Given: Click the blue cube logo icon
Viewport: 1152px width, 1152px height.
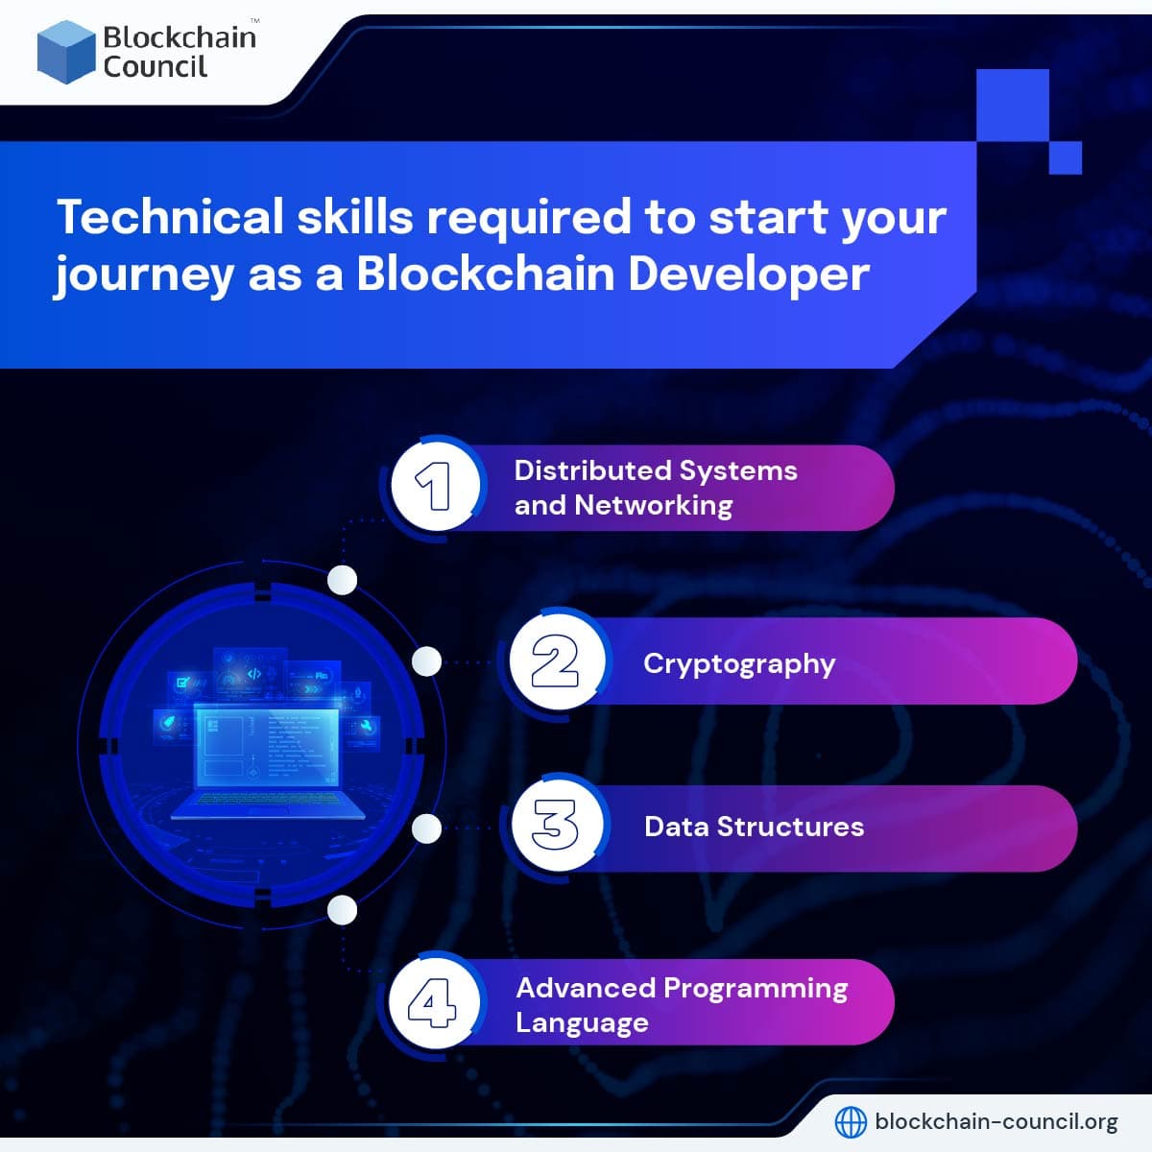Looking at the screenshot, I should point(66,51).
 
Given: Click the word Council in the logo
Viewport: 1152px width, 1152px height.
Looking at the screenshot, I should point(155,67).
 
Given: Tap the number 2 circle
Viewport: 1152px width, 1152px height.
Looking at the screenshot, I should point(554,662).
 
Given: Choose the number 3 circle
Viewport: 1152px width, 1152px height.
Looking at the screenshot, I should point(556,827).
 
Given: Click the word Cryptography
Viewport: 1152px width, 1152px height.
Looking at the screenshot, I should point(739,664).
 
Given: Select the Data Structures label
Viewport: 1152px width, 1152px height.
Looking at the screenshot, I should point(754,827).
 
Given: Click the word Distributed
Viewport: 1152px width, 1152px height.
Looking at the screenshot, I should point(591,470).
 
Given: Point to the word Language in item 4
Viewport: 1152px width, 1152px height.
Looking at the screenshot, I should point(582,1022).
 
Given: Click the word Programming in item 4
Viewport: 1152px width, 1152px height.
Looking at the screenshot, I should point(756,988).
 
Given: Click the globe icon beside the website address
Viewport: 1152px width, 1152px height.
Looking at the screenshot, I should point(851,1121).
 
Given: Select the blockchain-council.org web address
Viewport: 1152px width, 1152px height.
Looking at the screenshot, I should point(996,1121).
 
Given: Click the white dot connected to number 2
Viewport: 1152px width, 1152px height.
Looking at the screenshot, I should point(427,661).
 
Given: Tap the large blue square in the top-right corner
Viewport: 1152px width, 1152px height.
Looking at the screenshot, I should point(1012,105).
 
